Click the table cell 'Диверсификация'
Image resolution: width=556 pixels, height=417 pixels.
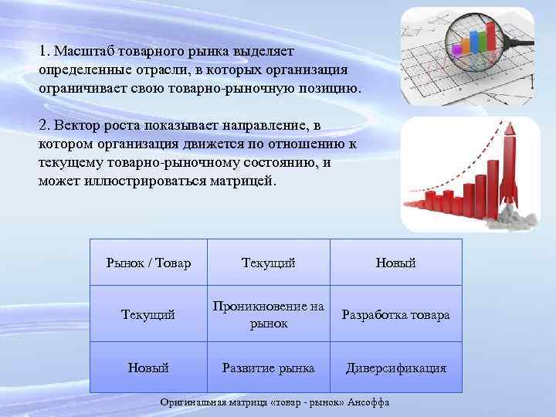pos(395,368)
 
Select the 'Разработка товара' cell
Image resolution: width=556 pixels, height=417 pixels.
pos(395,315)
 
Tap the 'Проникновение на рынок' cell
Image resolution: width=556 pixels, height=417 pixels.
pos(268,315)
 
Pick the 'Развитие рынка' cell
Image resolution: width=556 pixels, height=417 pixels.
pos(268,368)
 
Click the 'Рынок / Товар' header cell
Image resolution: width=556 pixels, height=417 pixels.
pos(148,263)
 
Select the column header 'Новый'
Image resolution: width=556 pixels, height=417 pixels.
pos(395,263)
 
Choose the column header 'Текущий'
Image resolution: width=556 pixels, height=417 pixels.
pos(268,263)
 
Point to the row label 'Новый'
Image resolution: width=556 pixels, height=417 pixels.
pos(148,368)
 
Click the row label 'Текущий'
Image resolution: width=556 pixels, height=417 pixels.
pos(148,315)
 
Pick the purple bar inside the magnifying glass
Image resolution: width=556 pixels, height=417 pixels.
pos(457,49)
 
